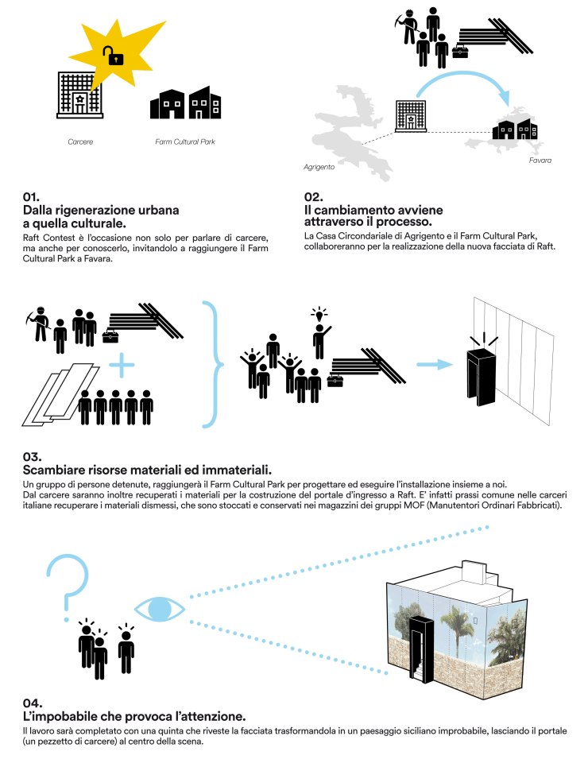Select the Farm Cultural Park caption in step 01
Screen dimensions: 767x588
tap(185, 143)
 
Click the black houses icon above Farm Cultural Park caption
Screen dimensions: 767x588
tap(185, 103)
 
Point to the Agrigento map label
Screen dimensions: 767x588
tap(319, 168)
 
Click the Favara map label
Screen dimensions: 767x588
tap(540, 161)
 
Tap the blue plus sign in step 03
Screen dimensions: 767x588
tap(122, 366)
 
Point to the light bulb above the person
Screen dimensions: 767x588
tap(321, 312)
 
